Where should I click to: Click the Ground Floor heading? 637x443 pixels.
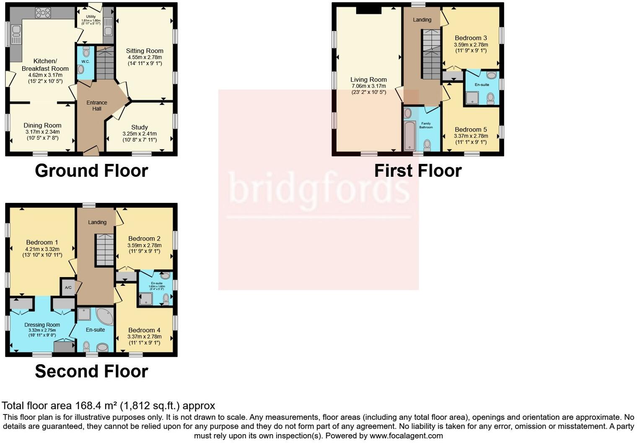pos(91,171)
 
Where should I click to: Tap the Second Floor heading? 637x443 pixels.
pos(91,372)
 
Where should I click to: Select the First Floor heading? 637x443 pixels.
pos(418,171)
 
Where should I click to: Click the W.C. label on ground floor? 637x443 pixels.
pos(85,62)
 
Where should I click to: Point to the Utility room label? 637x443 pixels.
pos(91,17)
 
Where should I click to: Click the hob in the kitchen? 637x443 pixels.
pos(43,13)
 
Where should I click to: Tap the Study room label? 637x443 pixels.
pos(140,127)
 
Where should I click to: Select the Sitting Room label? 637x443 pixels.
pos(145,51)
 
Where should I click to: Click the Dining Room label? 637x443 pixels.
pos(42,125)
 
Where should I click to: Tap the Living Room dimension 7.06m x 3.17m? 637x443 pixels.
pos(368,86)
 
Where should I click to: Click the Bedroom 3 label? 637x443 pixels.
pos(471,38)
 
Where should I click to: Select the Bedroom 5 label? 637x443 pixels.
pos(471,130)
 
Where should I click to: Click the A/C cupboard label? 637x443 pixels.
pos(68,288)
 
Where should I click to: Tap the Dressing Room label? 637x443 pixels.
pos(42,325)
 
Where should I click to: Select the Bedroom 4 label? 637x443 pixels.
pos(144,330)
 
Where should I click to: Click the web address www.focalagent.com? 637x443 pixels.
pos(406,436)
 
